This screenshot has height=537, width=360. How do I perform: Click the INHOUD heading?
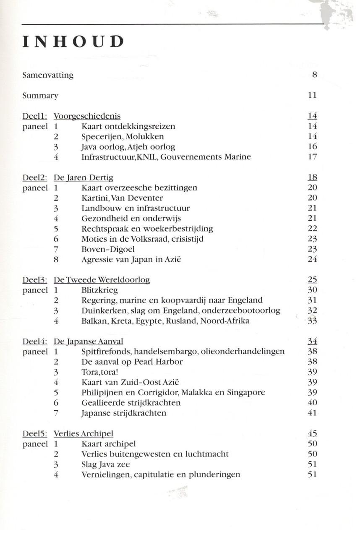74,42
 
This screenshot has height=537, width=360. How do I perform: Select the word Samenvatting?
48,76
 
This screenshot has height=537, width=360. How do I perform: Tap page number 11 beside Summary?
312,96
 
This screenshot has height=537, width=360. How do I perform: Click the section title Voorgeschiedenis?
87,116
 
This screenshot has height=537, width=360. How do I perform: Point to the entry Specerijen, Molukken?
123,137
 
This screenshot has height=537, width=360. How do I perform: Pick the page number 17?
312,157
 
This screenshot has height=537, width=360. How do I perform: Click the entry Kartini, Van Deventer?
122,198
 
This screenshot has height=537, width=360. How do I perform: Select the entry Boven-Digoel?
106,249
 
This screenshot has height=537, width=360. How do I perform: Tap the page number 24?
312,260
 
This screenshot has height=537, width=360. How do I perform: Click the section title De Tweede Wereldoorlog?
102,280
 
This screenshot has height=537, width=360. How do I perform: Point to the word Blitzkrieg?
99,290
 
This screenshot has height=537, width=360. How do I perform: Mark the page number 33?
312,321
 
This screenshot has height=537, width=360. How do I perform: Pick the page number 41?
312,413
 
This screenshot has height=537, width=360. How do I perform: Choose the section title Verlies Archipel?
83,434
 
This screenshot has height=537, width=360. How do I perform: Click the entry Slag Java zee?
106,464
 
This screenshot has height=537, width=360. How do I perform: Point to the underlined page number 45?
312,434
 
